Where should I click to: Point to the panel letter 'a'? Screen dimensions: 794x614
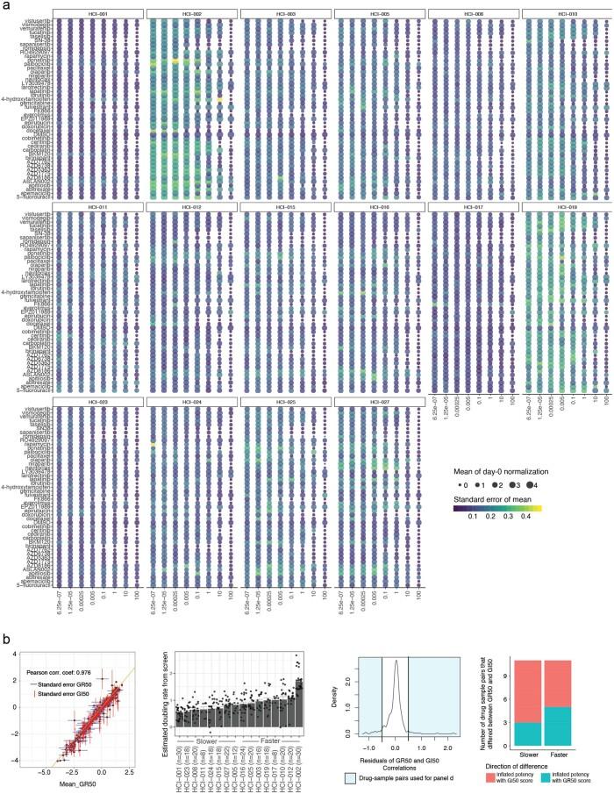click(5, 6)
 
